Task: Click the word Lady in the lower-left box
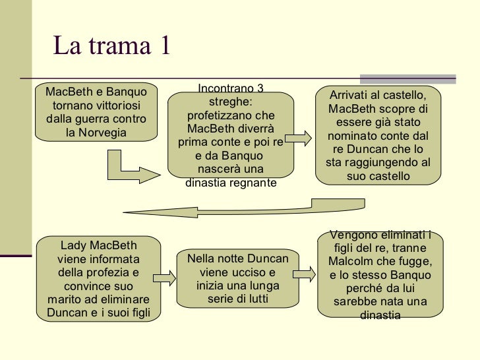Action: click(x=73, y=244)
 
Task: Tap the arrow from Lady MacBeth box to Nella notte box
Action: click(x=164, y=278)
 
